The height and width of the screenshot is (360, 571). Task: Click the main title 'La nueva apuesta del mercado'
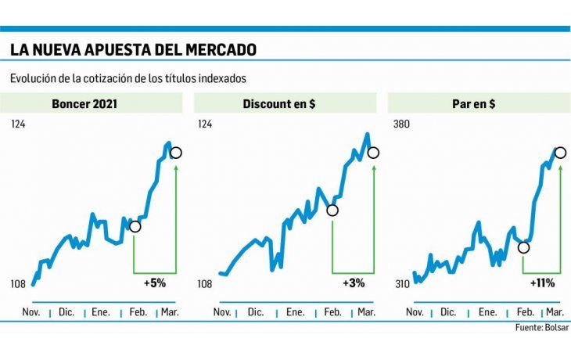click(x=133, y=50)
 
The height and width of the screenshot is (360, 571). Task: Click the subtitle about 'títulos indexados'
click(x=128, y=78)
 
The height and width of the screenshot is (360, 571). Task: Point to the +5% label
click(x=155, y=283)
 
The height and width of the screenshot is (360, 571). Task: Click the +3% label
click(x=354, y=283)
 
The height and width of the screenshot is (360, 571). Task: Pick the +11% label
click(x=544, y=283)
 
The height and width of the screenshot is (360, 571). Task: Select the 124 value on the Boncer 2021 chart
click(x=19, y=124)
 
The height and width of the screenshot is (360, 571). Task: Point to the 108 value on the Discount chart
click(x=205, y=284)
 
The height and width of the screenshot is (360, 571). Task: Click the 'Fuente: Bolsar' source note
click(x=542, y=327)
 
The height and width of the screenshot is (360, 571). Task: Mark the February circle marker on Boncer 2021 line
click(x=135, y=226)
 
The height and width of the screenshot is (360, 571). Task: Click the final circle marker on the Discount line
click(x=373, y=153)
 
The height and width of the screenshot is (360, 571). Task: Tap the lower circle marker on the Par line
click(x=523, y=247)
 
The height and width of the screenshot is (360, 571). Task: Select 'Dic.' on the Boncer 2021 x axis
click(x=66, y=311)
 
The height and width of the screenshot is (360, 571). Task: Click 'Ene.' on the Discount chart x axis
click(x=295, y=311)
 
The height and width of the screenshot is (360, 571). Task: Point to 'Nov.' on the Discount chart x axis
click(x=221, y=311)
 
